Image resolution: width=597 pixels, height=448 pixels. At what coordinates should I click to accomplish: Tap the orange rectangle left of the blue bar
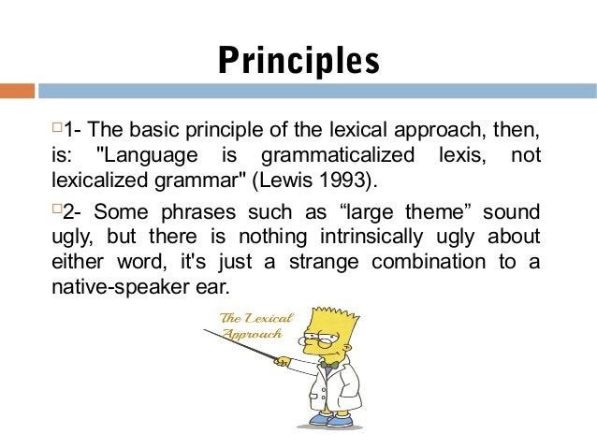[x=17, y=91]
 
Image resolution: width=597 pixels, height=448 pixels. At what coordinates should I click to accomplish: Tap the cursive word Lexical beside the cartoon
[x=269, y=319]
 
